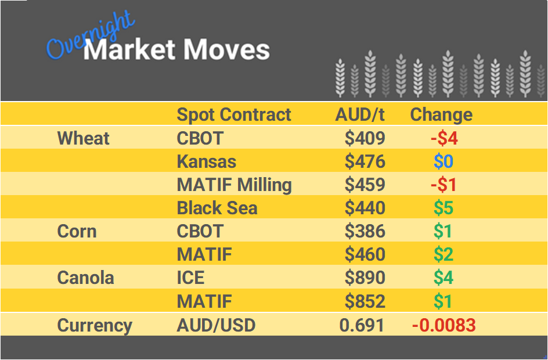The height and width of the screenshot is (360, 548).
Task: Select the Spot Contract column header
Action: [x=234, y=114]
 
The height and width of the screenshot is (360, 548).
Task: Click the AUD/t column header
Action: [x=360, y=114]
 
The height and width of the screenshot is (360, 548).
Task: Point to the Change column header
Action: [x=441, y=114]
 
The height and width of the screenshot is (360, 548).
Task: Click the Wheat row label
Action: [x=84, y=138]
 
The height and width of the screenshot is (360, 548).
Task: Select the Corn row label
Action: [x=77, y=231]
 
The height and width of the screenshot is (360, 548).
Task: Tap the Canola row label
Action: [x=86, y=278]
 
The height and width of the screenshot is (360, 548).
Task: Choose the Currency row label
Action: [x=95, y=325]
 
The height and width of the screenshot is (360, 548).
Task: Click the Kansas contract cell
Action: [x=207, y=161]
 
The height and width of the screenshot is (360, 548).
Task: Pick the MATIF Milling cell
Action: [x=234, y=185]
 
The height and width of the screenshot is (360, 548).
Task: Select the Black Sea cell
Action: [x=217, y=208]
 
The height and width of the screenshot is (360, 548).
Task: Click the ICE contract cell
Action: [x=190, y=278]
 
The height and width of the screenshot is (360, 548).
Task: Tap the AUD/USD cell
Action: [x=216, y=325]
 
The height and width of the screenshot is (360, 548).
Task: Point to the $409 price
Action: [x=365, y=138]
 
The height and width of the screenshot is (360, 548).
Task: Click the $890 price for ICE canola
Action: [x=365, y=278]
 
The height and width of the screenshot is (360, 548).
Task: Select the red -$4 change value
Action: [x=444, y=138]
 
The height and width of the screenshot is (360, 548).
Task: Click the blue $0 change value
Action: [x=444, y=161]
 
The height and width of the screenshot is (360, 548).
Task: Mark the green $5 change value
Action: [x=444, y=208]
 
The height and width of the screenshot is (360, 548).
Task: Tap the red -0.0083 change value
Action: [x=444, y=325]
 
